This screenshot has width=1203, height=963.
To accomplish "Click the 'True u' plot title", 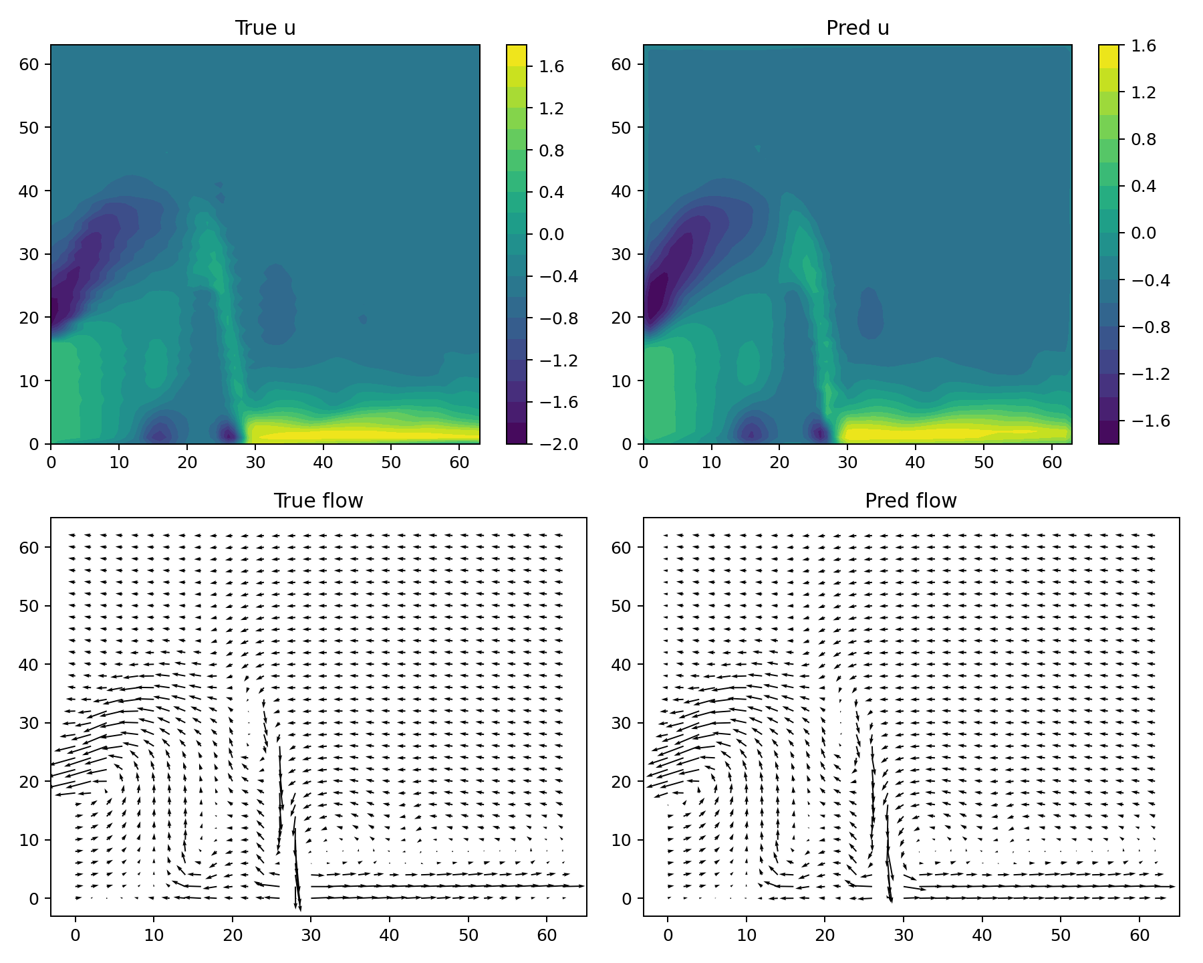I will pyautogui.click(x=265, y=28).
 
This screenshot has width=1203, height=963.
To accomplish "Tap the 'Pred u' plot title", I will pyautogui.click(x=857, y=28).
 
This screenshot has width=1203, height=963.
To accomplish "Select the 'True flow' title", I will pyautogui.click(x=318, y=501).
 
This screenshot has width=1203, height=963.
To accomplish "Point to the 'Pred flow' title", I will pyautogui.click(x=911, y=501).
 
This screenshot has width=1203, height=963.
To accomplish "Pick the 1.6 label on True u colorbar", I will pyautogui.click(x=552, y=66).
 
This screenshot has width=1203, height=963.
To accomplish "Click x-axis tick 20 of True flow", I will pyautogui.click(x=233, y=934).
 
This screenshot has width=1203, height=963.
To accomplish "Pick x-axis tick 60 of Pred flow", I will pyautogui.click(x=1140, y=934).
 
